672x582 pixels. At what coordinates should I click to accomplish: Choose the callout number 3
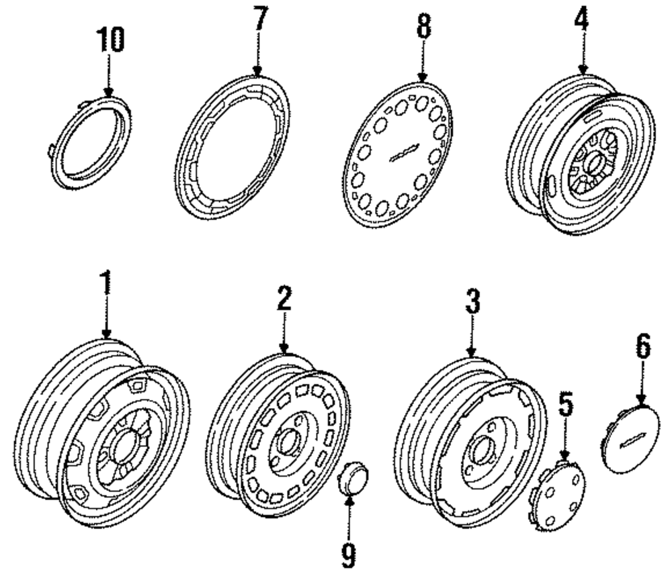coord(472,301)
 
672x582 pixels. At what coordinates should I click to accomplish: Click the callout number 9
coord(349,554)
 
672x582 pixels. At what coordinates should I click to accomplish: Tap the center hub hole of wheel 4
coord(594,165)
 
